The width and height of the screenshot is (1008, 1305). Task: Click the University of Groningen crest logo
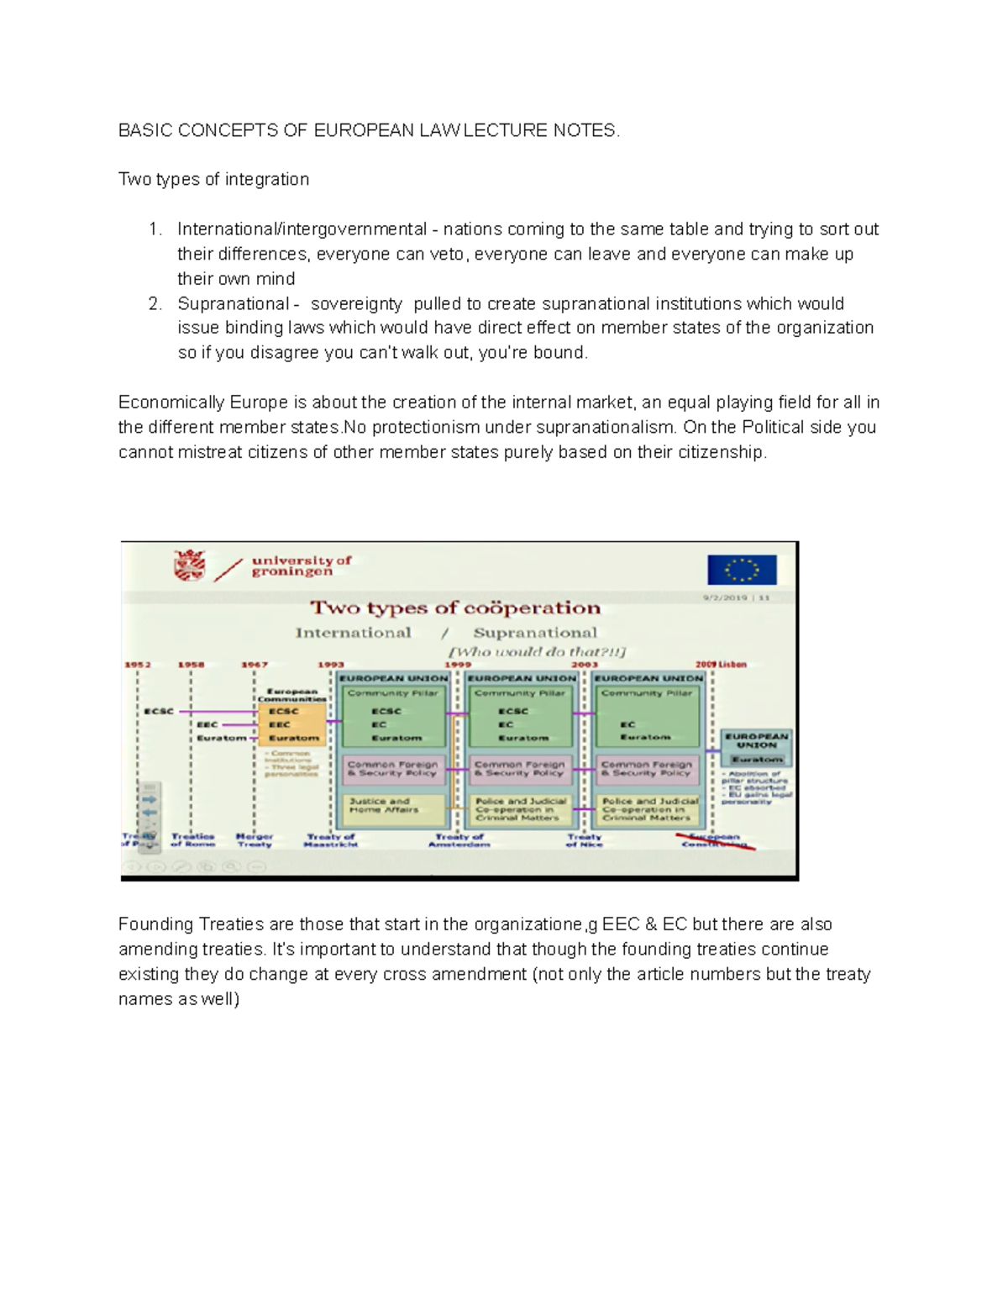click(x=189, y=566)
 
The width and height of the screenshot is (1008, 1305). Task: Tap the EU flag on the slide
click(x=741, y=569)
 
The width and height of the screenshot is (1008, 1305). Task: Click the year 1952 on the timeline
click(x=138, y=665)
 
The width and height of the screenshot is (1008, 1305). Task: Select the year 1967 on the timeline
click(x=255, y=665)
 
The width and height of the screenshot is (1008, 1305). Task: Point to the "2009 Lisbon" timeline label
click(x=721, y=664)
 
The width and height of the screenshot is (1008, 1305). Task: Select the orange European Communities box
click(x=291, y=724)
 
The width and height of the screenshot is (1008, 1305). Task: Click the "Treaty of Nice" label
click(x=584, y=840)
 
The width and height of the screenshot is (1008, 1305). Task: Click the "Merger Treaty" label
click(x=254, y=840)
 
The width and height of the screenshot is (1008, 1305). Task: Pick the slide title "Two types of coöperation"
click(x=455, y=608)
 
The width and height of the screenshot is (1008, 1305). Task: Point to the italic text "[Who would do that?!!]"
click(x=538, y=652)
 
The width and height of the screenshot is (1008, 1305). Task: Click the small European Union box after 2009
click(x=757, y=747)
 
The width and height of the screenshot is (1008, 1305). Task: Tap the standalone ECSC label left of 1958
click(x=158, y=711)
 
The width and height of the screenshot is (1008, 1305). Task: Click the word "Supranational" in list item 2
click(x=233, y=303)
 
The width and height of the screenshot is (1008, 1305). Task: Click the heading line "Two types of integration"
click(x=213, y=179)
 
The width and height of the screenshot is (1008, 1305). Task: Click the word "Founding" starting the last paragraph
click(x=155, y=924)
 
